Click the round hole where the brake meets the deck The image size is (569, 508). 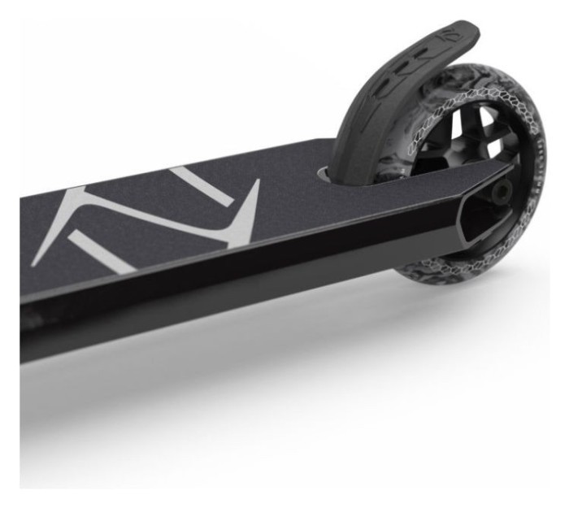tap(324, 173)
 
